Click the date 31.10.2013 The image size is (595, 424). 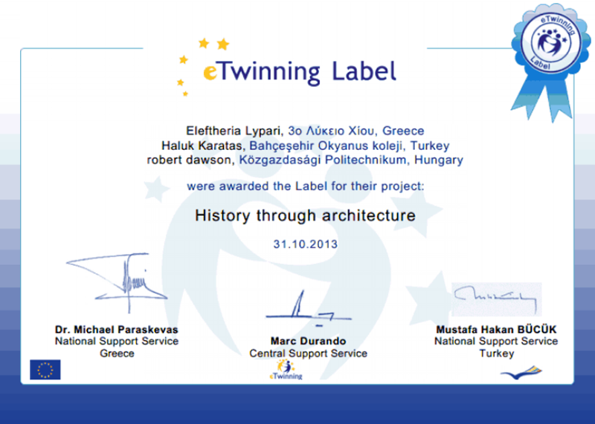[x=306, y=244]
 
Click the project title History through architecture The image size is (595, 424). [x=305, y=215]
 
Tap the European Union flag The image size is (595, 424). [x=45, y=370]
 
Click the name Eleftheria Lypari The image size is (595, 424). [x=234, y=131]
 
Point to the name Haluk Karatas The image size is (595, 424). [x=202, y=146]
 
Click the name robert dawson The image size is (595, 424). [x=189, y=160]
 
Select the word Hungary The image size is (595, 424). [x=439, y=160]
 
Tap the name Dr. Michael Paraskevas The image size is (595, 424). [x=117, y=329]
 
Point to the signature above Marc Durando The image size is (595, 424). [x=308, y=309]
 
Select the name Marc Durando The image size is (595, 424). [x=308, y=341]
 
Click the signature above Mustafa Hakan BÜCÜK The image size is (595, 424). [x=496, y=299]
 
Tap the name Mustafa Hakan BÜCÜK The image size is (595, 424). [x=496, y=329]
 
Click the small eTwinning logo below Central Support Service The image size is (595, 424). [x=286, y=370]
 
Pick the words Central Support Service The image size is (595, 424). [x=308, y=353]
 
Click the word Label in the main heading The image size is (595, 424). [x=364, y=71]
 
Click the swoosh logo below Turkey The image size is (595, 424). [x=521, y=373]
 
